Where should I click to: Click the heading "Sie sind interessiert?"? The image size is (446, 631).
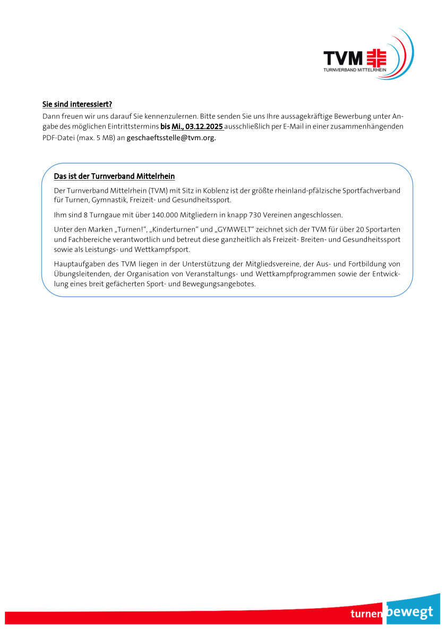click(x=77, y=104)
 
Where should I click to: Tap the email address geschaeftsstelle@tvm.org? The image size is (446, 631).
click(x=171, y=138)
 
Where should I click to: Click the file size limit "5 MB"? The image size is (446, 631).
click(x=106, y=138)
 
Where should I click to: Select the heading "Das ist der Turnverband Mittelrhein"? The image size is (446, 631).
click(x=114, y=176)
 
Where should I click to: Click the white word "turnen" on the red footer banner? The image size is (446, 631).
click(x=366, y=615)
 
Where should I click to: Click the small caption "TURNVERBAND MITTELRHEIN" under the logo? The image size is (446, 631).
click(x=355, y=70)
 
